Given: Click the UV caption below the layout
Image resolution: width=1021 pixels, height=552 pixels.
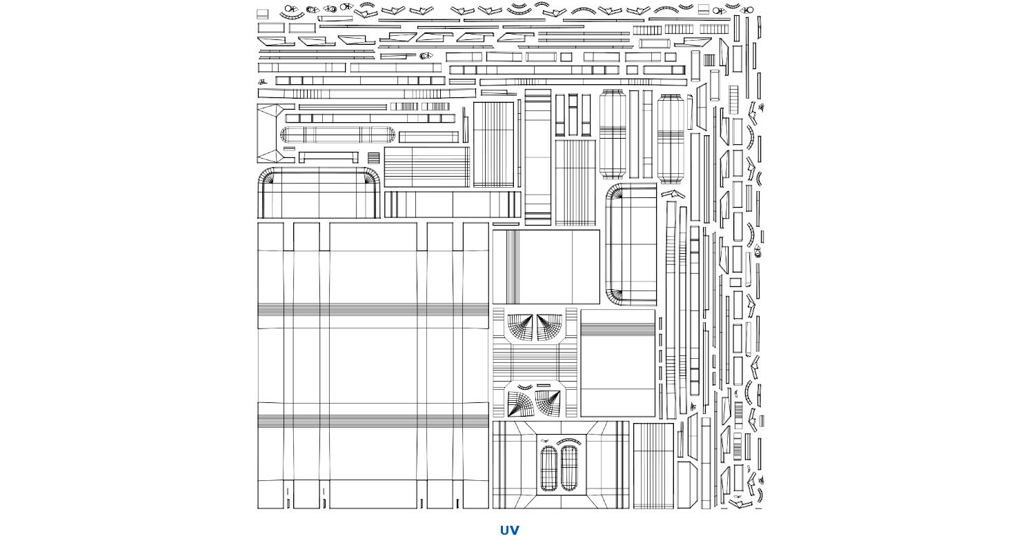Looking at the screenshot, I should tap(509, 530).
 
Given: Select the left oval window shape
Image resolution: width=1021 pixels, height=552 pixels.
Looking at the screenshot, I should tap(549, 468).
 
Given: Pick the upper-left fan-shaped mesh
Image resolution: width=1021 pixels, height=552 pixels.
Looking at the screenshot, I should tap(520, 327).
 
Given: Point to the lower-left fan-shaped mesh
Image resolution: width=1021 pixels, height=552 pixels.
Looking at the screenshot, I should tap(520, 404).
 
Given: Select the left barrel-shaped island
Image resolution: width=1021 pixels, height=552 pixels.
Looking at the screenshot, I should tap(612, 133).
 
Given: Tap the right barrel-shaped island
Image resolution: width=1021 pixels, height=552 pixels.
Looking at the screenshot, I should tap(670, 139).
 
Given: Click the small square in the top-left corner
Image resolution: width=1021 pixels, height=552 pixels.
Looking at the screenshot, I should tap(262, 13).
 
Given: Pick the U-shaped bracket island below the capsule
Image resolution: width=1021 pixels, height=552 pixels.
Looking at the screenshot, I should tap(328, 157).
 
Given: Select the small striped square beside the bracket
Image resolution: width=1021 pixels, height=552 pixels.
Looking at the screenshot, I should tap(373, 158).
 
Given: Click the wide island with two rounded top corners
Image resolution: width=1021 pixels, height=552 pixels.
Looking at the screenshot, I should tap(319, 193).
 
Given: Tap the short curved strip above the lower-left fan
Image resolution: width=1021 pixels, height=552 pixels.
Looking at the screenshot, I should tap(525, 386).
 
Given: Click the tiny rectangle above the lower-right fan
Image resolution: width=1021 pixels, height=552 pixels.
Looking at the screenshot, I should tap(545, 386).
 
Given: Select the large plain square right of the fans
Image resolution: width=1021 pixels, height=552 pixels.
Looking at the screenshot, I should tap(617, 363).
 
